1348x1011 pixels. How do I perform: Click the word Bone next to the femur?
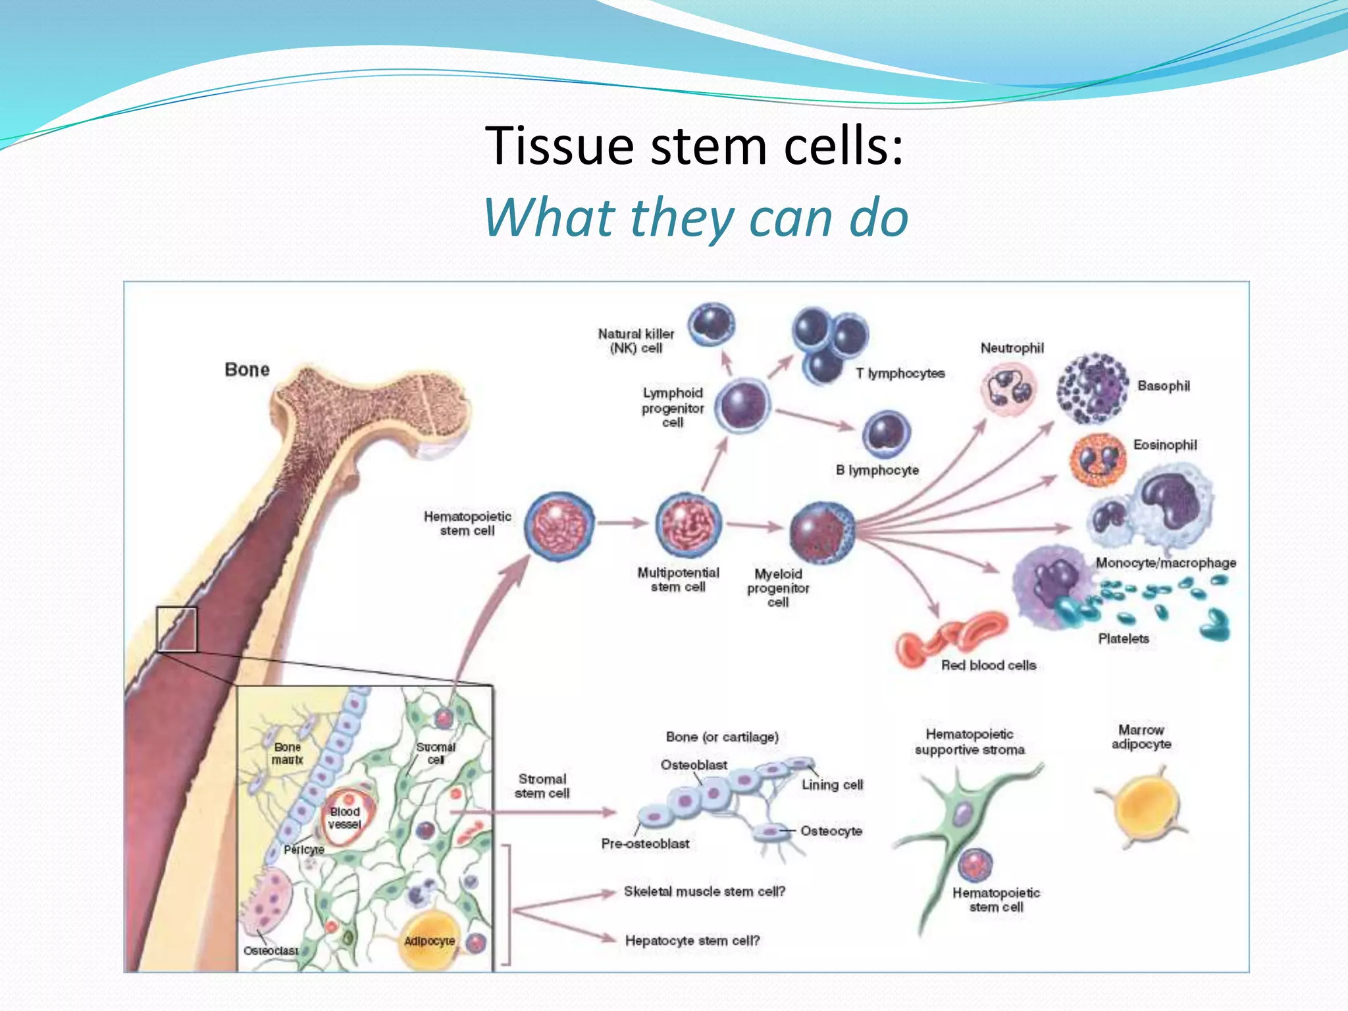pyautogui.click(x=247, y=370)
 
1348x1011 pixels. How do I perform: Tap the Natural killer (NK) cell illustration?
pyautogui.click(x=712, y=324)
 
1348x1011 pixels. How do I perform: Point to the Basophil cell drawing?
pyautogui.click(x=1092, y=388)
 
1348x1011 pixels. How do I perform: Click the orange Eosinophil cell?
pyautogui.click(x=1097, y=459)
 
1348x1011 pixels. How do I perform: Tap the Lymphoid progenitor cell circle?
pyautogui.click(x=742, y=405)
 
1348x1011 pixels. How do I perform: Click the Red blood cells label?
pyautogui.click(x=988, y=665)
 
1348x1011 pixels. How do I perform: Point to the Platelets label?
pyautogui.click(x=1123, y=638)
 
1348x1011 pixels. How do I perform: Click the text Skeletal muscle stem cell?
pyautogui.click(x=704, y=891)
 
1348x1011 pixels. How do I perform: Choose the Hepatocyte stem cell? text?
pyautogui.click(x=692, y=941)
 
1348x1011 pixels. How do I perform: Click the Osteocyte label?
pyautogui.click(x=831, y=831)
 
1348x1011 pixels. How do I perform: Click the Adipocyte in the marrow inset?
pyautogui.click(x=429, y=941)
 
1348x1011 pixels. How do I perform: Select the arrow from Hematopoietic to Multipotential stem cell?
pyautogui.click(x=623, y=523)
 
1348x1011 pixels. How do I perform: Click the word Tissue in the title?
pyautogui.click(x=559, y=145)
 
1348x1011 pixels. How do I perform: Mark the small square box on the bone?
pyautogui.click(x=176, y=629)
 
